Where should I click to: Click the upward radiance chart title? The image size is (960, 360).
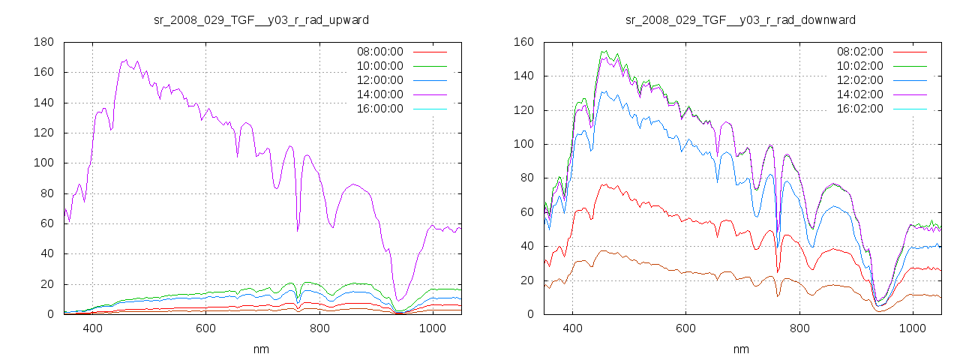[261, 19]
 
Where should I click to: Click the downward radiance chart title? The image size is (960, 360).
[741, 19]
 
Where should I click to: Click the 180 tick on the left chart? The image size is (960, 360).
[43, 42]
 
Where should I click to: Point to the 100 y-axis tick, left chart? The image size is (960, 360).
[43, 163]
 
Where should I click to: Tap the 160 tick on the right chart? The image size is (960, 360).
[523, 42]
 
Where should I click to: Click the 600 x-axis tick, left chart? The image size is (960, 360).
[205, 328]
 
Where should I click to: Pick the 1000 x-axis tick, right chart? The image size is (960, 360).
[912, 328]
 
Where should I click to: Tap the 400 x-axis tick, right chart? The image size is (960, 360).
[572, 328]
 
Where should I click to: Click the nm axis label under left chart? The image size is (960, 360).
[261, 349]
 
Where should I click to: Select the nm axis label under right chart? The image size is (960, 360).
[741, 349]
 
